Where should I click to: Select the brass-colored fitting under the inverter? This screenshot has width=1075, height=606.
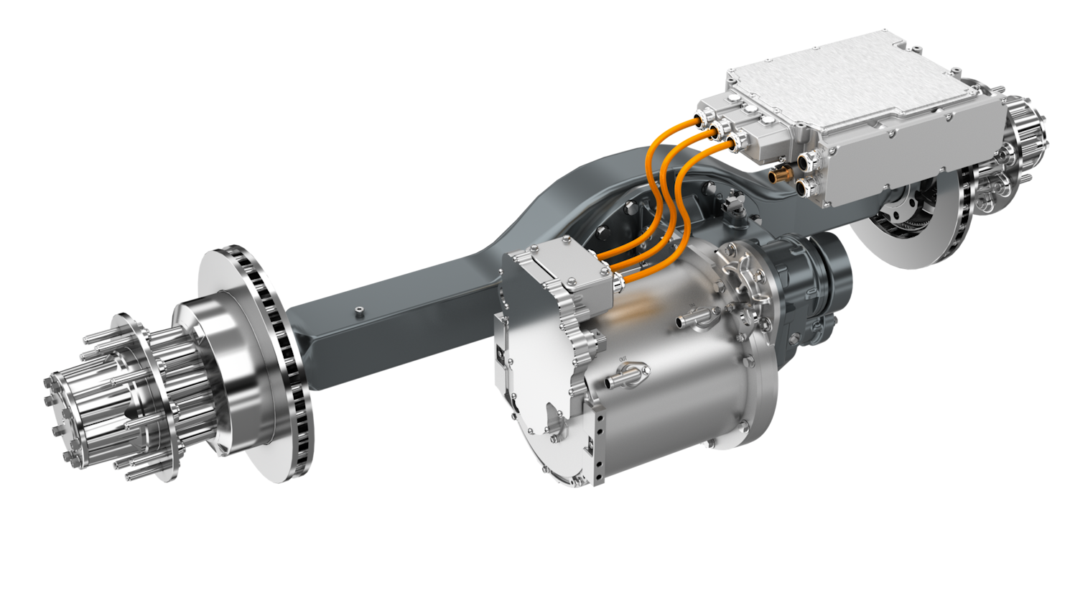tap(778, 175)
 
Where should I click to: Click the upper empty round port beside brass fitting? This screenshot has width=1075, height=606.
tap(805, 161)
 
